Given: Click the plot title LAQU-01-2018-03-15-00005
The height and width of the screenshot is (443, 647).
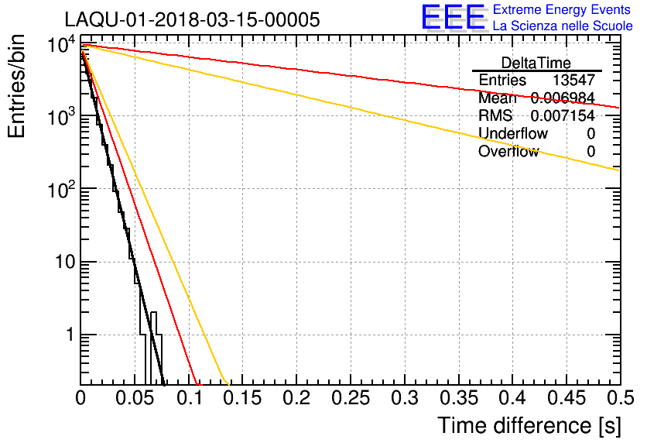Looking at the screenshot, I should [x=192, y=20].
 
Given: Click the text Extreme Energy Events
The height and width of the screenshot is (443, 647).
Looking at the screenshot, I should [x=563, y=10].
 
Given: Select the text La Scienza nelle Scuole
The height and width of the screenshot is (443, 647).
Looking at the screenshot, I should [x=563, y=26].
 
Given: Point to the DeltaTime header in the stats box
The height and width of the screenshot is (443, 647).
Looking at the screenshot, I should [x=536, y=63].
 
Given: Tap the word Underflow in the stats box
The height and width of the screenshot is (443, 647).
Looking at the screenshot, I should [x=513, y=133].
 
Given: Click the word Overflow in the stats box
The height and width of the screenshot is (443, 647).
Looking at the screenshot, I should [x=508, y=151].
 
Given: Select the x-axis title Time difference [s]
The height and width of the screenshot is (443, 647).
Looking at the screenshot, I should [x=529, y=425].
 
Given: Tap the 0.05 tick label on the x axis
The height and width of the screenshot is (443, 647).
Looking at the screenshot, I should [x=135, y=399].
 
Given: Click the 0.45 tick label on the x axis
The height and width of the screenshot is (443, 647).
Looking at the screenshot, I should [x=566, y=399].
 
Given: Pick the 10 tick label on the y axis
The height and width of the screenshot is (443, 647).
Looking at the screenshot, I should [x=60, y=263].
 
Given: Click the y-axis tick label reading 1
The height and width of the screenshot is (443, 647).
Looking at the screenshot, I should [x=67, y=335].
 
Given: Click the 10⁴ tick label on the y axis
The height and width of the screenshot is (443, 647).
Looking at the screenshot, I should [x=59, y=46].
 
